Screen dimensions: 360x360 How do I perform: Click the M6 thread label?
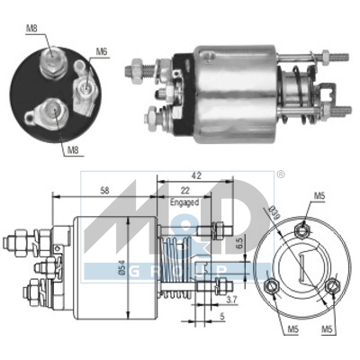[102, 52]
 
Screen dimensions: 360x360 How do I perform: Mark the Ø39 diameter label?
[274, 212]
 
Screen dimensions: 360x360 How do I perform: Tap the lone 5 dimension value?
[222, 317]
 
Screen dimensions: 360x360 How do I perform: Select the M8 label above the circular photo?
[31, 28]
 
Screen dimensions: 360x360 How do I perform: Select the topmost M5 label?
[320, 194]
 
